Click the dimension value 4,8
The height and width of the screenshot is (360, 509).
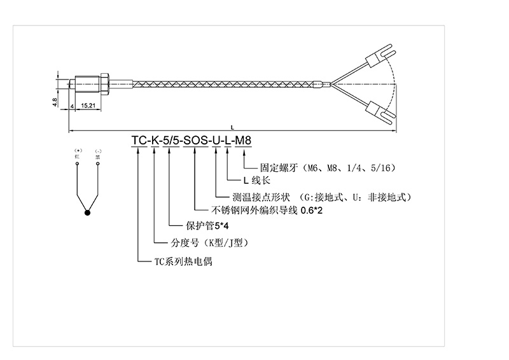pos(55,100)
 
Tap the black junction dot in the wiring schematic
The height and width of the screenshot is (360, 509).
pos(88,212)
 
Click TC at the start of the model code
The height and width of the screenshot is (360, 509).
pos(138,141)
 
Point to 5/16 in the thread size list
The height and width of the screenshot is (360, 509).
pos(382,167)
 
